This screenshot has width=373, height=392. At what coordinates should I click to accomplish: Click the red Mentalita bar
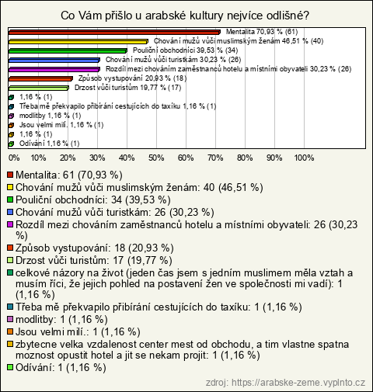[114, 33]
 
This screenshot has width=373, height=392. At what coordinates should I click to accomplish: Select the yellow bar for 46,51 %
[78, 42]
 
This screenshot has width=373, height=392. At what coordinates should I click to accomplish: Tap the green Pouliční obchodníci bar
[68, 51]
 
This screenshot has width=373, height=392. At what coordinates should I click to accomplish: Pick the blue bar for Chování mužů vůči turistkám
[54, 61]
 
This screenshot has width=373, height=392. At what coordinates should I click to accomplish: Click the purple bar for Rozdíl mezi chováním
[54, 70]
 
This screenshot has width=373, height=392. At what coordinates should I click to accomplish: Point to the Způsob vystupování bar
[40, 79]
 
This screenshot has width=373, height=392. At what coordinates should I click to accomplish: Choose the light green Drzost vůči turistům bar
[39, 88]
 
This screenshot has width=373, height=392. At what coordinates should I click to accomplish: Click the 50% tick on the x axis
[156, 158]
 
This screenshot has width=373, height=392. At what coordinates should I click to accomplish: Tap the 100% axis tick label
[304, 158]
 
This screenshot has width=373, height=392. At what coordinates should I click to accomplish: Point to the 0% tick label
[14, 158]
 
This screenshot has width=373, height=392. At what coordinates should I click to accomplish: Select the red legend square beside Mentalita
[10, 175]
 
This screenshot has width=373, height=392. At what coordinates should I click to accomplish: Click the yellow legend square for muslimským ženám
[10, 187]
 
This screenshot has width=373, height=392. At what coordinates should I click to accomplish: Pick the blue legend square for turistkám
[10, 212]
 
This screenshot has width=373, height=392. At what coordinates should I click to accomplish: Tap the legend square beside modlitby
[10, 319]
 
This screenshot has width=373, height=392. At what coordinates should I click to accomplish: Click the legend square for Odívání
[10, 367]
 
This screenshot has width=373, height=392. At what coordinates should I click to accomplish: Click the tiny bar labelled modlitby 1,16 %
[11, 116]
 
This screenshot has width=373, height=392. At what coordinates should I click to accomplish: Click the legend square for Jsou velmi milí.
[10, 331]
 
